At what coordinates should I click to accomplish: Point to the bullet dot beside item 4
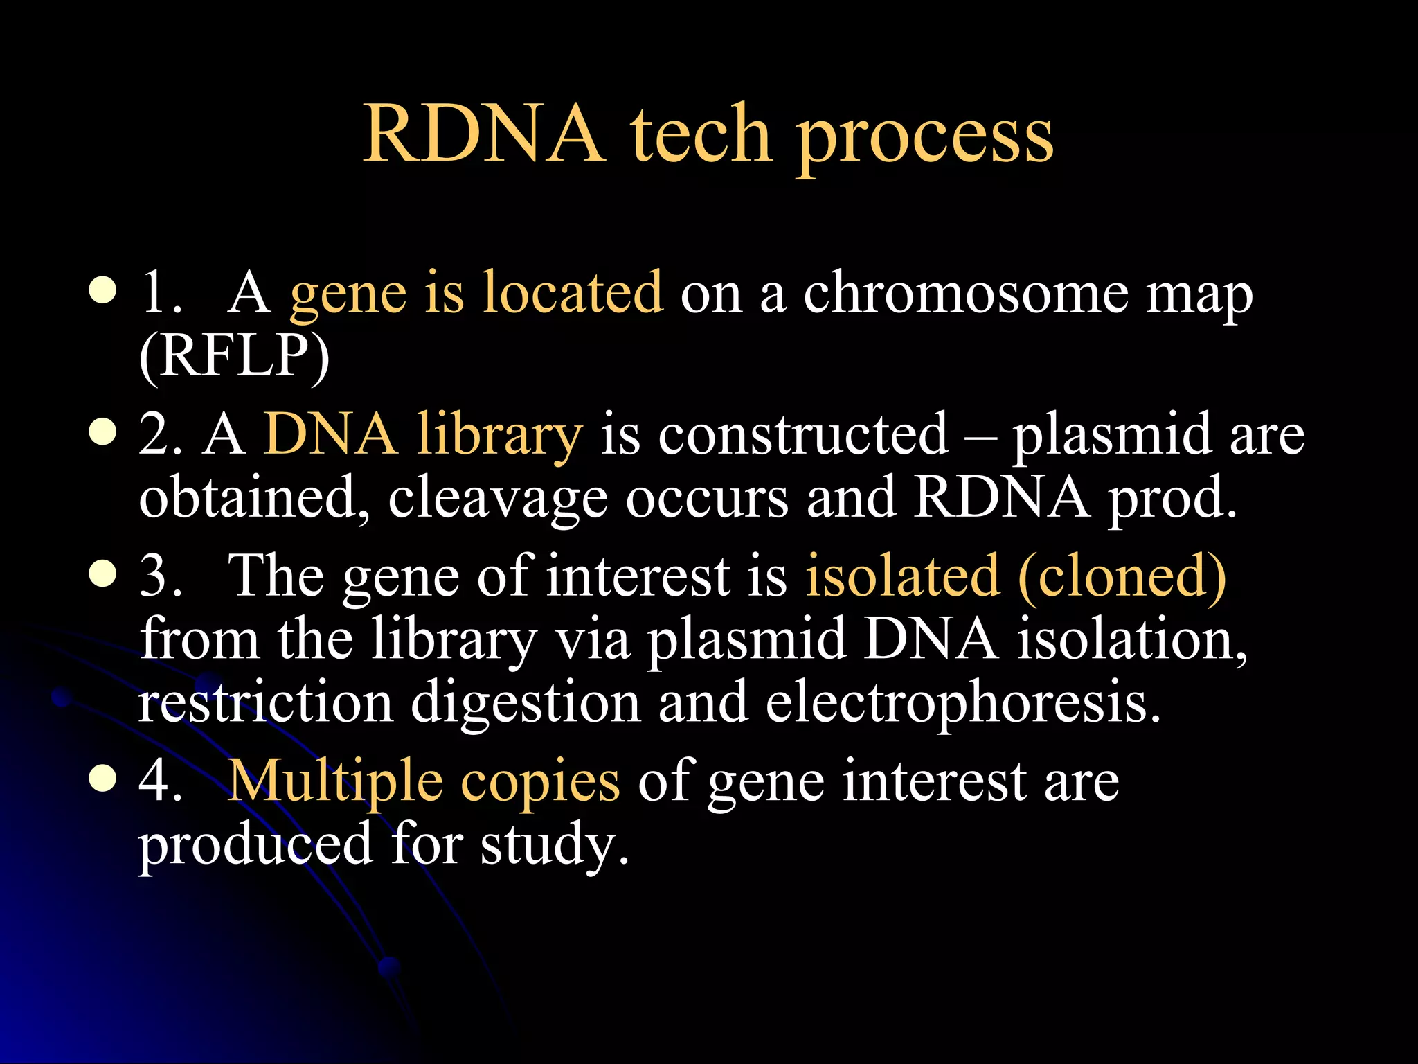[x=103, y=779]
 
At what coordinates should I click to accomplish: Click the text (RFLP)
[x=235, y=356]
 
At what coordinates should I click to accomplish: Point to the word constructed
[x=802, y=435]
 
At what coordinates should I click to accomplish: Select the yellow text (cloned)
[x=1122, y=576]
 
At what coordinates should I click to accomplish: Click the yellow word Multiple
[x=335, y=781]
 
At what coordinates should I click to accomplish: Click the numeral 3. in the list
[x=160, y=576]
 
